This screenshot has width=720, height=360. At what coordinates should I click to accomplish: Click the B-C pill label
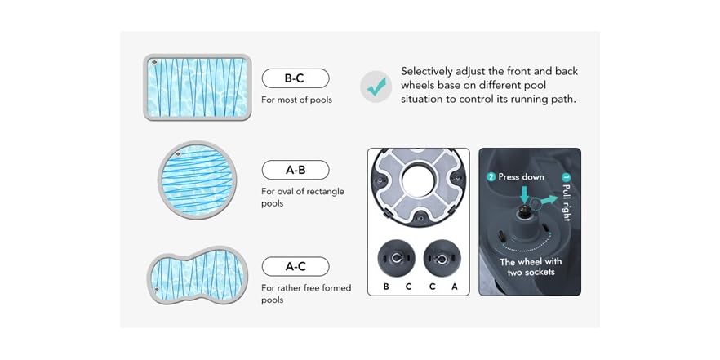pos(295,79)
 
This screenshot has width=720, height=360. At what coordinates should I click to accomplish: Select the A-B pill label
pos(295,170)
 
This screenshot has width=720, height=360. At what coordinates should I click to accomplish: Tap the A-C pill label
pos(295,266)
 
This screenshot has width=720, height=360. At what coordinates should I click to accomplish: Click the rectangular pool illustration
pos(196,87)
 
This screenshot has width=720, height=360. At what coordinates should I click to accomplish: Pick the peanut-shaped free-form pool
pos(197,272)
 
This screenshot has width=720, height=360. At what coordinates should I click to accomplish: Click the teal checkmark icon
pos(376,86)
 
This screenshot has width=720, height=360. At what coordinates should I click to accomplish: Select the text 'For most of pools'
pos(296,100)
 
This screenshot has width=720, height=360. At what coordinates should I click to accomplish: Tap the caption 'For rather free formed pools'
pos(295,294)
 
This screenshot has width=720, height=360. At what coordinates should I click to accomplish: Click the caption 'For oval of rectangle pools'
pos(302,198)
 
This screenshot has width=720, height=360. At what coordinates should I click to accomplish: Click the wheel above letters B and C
pos(396,258)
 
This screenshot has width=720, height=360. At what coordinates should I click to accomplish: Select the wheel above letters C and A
pos(442,258)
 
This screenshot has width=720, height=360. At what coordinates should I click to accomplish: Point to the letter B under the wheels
pos(386,287)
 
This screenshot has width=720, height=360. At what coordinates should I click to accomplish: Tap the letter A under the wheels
pos(454,287)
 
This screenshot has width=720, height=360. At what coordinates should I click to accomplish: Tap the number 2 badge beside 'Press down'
pos(491,176)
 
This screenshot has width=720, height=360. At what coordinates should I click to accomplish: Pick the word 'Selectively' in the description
pos(429,72)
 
